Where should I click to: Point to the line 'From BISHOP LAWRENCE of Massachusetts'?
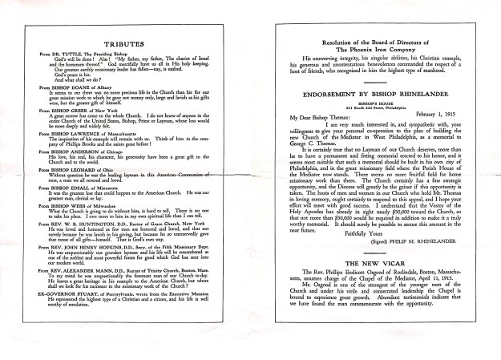tap(90, 140)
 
